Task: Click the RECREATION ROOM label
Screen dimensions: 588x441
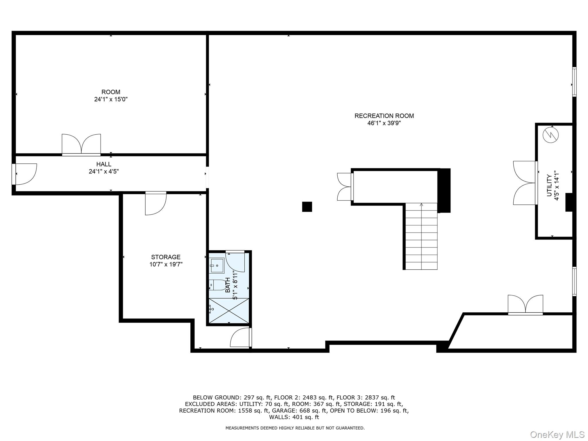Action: tap(384, 116)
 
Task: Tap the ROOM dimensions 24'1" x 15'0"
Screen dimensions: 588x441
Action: tap(111, 99)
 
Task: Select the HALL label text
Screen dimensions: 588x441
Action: tap(104, 164)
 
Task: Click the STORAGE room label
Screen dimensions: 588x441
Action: tap(166, 257)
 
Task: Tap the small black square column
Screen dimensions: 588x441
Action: tap(307, 207)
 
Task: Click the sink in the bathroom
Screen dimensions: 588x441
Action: tap(217, 265)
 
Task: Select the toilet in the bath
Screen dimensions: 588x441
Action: tap(217, 285)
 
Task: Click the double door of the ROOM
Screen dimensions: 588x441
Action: tap(81, 145)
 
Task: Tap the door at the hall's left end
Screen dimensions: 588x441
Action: tap(24, 174)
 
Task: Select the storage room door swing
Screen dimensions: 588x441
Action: tap(156, 203)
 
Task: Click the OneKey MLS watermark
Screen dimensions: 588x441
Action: tap(557, 434)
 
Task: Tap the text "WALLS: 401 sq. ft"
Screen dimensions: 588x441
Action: tap(294, 417)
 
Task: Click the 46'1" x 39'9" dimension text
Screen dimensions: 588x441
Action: tap(384, 123)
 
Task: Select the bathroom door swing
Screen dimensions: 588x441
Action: tap(235, 261)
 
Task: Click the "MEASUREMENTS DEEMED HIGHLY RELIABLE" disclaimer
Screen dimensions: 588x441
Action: tap(295, 428)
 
